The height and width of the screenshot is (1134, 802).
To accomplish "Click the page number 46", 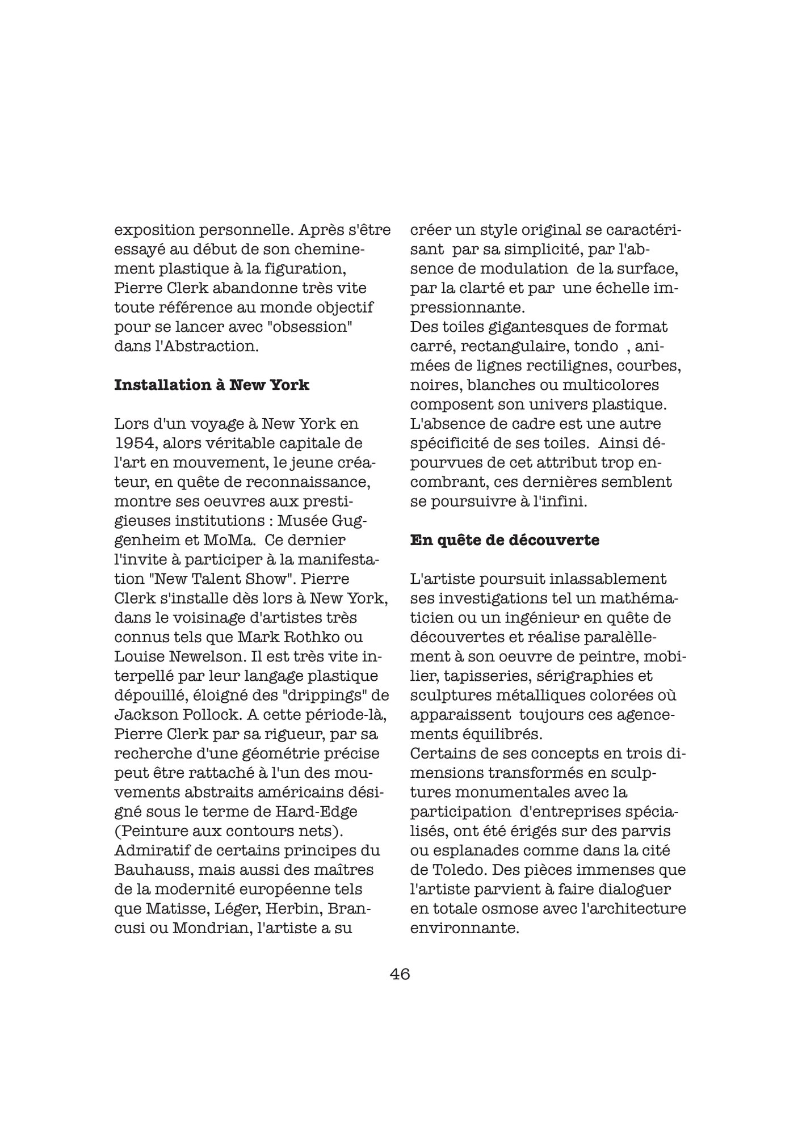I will [400, 974].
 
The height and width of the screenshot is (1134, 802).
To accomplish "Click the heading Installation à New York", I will [212, 385].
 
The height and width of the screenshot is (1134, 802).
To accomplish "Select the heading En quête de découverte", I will [505, 540].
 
